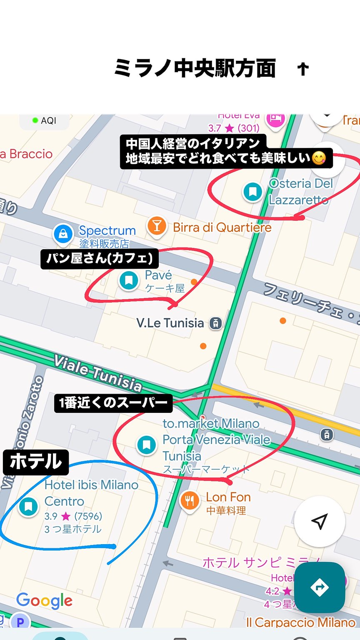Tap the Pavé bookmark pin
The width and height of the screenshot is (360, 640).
(x=129, y=280)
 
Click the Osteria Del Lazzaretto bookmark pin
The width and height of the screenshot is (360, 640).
(x=252, y=192)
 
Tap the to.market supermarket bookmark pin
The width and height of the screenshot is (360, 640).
(x=146, y=445)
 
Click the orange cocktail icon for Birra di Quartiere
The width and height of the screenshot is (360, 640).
(x=157, y=226)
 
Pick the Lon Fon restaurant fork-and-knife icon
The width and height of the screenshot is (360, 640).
(x=190, y=500)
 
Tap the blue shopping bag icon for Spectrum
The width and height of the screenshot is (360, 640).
(x=63, y=234)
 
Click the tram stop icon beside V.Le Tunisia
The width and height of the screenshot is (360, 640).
(x=215, y=323)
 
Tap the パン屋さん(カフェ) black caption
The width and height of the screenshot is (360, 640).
(x=100, y=258)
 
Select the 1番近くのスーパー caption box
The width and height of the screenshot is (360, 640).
(x=113, y=403)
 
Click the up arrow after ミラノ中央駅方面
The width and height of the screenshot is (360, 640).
(x=303, y=69)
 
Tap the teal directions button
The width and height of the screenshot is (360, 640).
(x=320, y=587)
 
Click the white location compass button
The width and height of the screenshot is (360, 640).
(x=320, y=521)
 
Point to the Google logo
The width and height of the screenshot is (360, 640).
(x=44, y=600)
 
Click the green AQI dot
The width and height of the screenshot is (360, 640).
(x=35, y=120)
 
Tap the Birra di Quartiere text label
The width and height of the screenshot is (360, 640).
(x=222, y=227)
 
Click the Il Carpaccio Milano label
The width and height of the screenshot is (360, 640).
(x=300, y=622)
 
